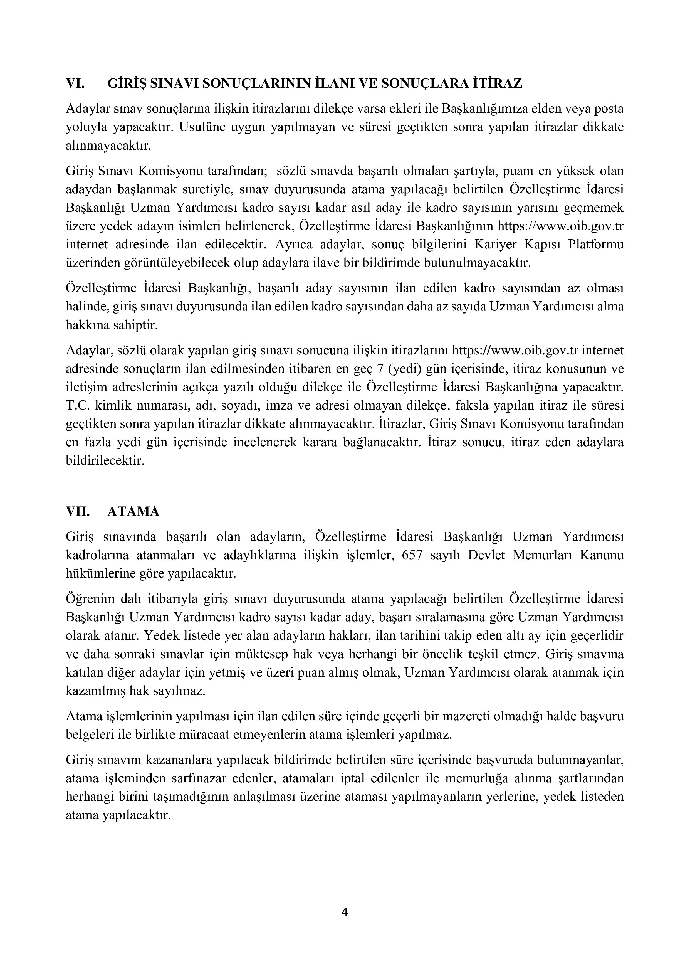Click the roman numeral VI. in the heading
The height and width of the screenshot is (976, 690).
75,83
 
